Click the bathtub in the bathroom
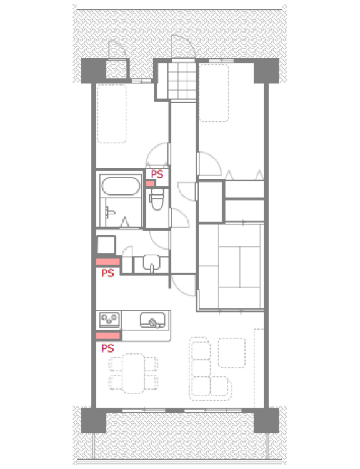[119, 187]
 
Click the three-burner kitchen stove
[109, 321]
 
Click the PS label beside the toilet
[157, 174]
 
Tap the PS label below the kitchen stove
[107, 347]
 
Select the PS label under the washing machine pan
[107, 273]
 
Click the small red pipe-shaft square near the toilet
[150, 183]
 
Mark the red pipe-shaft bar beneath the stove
[108, 336]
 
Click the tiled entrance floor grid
[184, 79]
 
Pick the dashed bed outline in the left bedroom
[112, 113]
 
